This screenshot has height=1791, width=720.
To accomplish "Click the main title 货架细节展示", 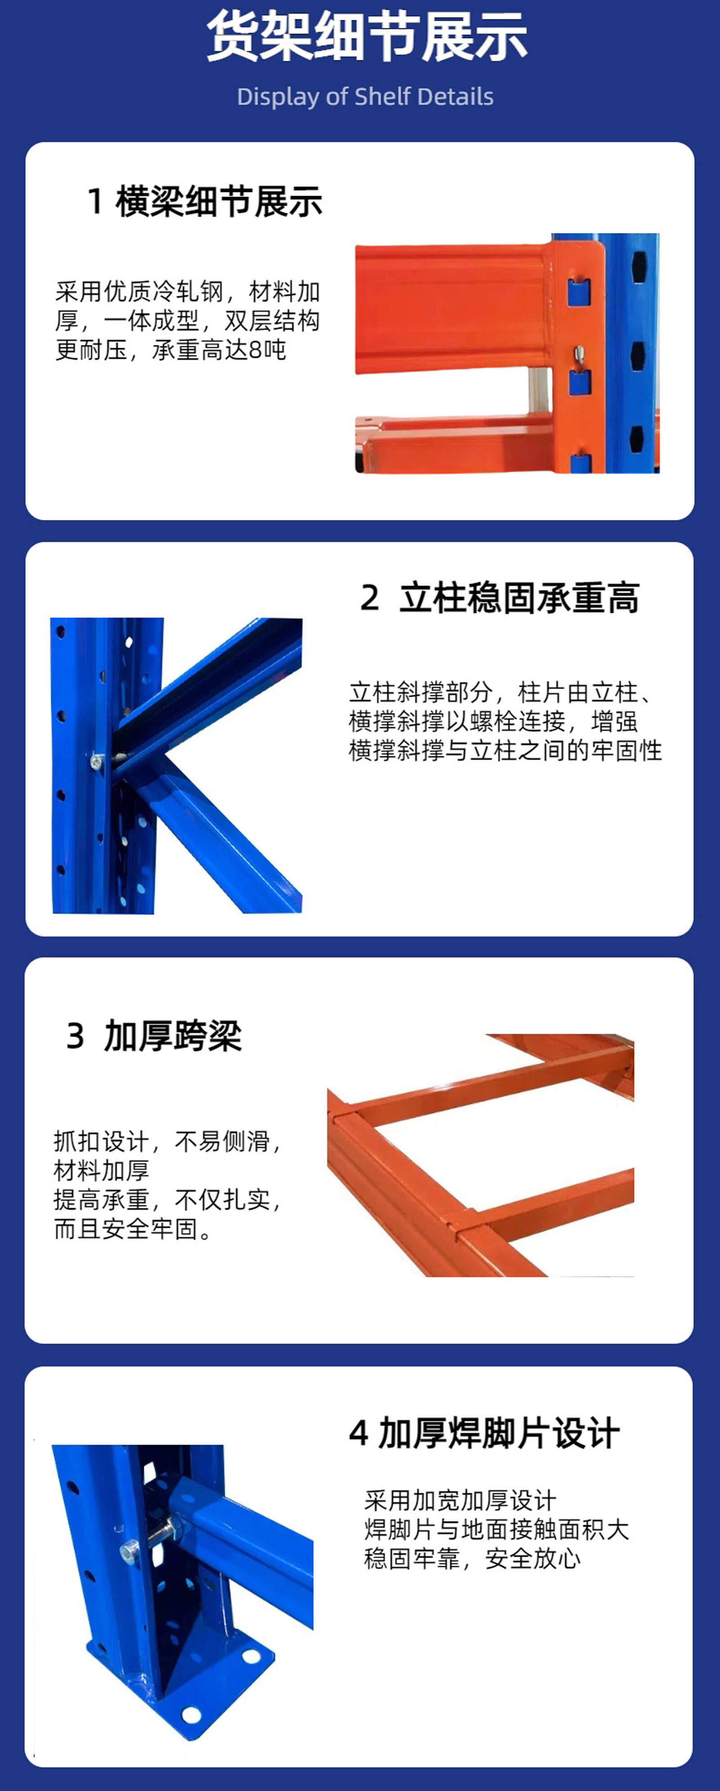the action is coord(367,36).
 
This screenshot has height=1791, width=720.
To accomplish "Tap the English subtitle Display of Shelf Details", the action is coord(365,97).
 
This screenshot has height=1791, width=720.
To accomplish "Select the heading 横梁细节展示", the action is coord(219,201).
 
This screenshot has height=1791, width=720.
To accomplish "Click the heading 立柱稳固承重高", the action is coord(519,597).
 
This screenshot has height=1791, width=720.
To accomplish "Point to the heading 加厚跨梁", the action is coord(172,1035).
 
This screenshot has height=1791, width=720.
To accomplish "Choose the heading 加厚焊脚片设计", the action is coord(499,1433).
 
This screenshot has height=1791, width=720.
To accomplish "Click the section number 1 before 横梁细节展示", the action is coord(95,201).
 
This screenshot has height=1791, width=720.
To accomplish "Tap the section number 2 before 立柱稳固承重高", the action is coord(370,598).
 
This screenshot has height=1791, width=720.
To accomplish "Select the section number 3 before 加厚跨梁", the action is coord(75,1036).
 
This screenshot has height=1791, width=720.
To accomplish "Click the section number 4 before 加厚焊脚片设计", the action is coord(358,1433).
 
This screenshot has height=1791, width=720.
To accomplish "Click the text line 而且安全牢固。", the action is coord(133,1228).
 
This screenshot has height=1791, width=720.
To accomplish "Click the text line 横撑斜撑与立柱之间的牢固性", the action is coord(505,750).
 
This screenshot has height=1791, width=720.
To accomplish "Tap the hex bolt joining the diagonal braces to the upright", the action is coord(97,762).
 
